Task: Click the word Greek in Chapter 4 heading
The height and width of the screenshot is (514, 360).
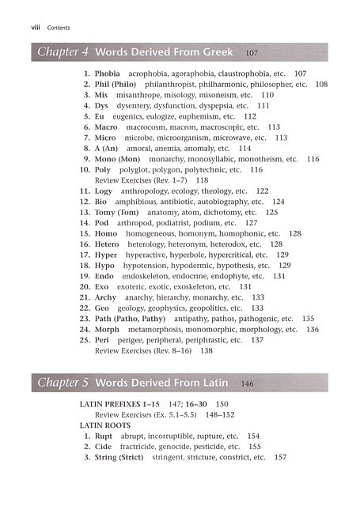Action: point(214,53)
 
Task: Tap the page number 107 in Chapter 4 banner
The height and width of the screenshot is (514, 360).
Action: point(252,53)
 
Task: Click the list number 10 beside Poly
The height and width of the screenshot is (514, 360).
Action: point(84,170)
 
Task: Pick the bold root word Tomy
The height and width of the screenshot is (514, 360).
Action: point(105,213)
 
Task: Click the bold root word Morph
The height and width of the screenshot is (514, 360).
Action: point(108,330)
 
